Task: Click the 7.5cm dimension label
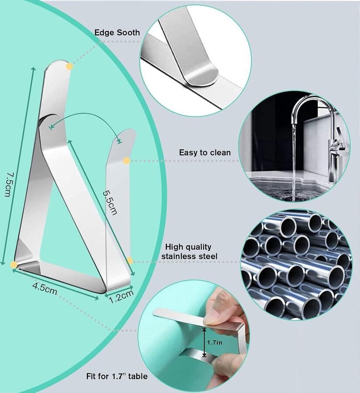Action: (8, 184)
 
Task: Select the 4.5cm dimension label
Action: (45, 289)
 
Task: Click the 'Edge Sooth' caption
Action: (117, 33)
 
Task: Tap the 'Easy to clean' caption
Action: (205, 152)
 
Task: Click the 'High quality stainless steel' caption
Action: (189, 252)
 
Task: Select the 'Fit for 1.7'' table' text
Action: (117, 376)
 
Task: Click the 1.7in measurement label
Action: (215, 342)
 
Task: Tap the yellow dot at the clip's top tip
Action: (69, 66)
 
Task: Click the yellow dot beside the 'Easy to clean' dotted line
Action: (127, 161)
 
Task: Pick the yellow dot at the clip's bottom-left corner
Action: (14, 265)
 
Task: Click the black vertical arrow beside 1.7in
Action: (204, 342)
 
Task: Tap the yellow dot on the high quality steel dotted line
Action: (130, 261)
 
